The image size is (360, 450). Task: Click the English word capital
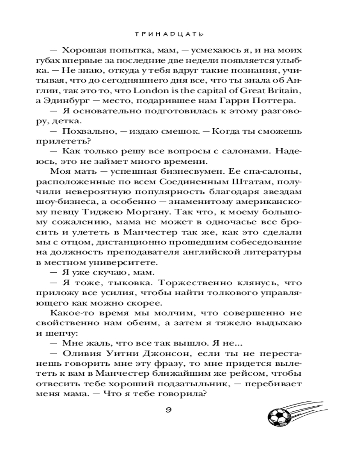pyautogui.click(x=203, y=91)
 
